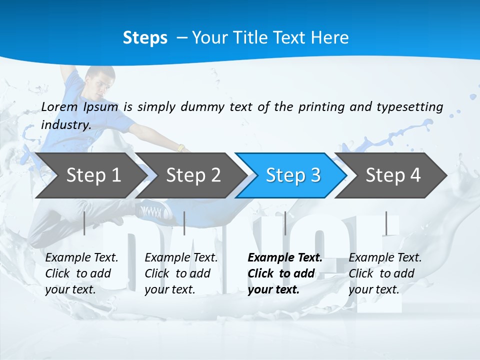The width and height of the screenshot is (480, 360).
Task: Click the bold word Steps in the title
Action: click(x=145, y=38)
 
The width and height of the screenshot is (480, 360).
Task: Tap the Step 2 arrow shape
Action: click(x=193, y=175)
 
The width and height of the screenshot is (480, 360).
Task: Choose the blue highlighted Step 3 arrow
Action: click(x=292, y=175)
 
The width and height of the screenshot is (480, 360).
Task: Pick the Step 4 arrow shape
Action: click(x=393, y=175)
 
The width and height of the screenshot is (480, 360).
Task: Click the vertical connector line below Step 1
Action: click(x=84, y=223)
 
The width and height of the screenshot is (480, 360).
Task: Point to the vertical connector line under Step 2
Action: click(x=184, y=223)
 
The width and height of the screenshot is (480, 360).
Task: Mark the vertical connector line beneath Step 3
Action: click(x=285, y=223)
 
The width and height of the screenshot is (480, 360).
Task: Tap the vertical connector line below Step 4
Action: click(x=385, y=223)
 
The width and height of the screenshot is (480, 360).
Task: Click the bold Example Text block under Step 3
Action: click(x=284, y=273)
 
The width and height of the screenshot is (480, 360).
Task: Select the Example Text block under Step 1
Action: click(x=81, y=273)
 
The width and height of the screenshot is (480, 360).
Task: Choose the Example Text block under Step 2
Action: click(x=181, y=273)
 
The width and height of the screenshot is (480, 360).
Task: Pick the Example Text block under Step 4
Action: click(x=385, y=273)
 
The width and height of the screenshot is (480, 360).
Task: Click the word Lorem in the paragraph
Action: click(x=59, y=106)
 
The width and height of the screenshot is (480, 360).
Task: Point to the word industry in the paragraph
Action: click(x=66, y=125)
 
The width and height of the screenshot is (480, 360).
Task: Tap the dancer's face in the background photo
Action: click(x=98, y=85)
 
